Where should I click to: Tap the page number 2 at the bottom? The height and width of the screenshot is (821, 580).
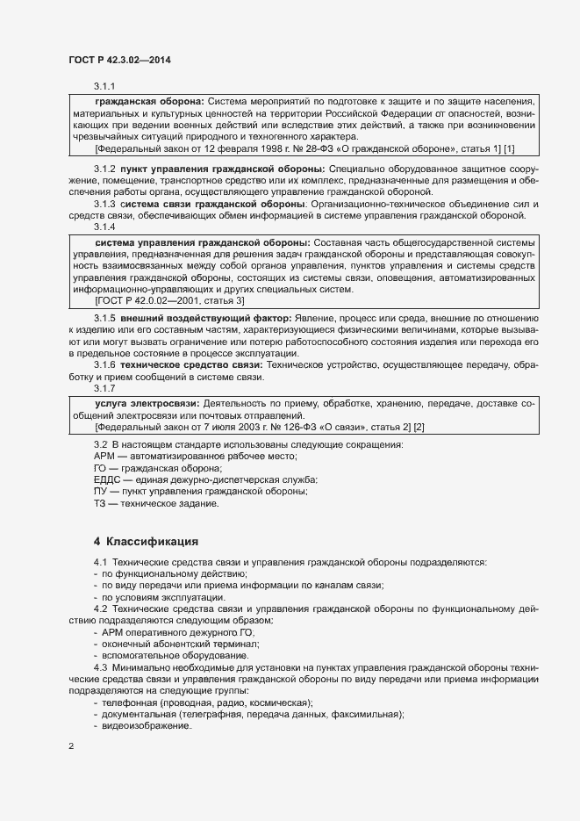(x=71, y=746)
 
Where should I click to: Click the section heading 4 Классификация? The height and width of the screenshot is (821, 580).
(x=146, y=541)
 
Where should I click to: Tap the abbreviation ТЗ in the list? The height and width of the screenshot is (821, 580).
(x=100, y=504)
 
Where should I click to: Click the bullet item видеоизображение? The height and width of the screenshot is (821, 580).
(x=147, y=727)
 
